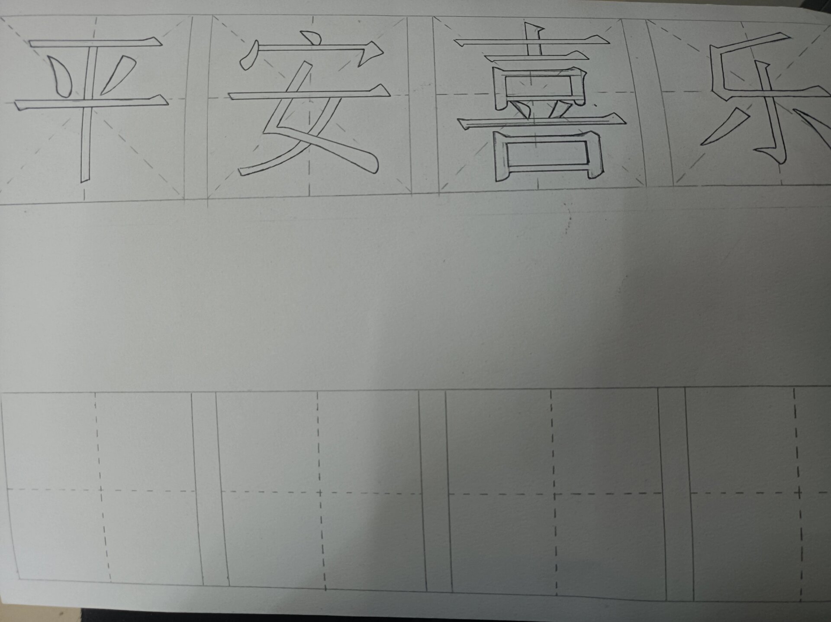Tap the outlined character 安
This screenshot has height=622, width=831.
pyautogui.click(x=309, y=108)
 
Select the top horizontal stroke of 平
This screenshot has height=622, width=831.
pyautogui.click(x=95, y=42)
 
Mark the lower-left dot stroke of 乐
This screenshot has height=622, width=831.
pyautogui.click(x=725, y=128)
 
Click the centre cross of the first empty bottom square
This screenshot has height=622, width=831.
pyautogui.click(x=100, y=490)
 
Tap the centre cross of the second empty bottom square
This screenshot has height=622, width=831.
pyautogui.click(x=320, y=492)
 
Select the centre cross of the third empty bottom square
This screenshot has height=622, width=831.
pyautogui.click(x=554, y=493)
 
